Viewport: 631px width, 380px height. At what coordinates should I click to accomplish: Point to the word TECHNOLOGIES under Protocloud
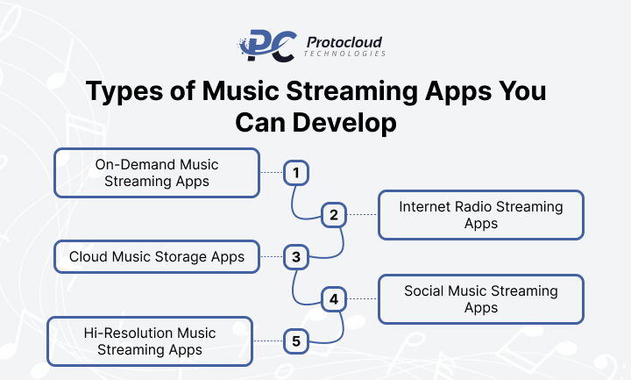click(344, 54)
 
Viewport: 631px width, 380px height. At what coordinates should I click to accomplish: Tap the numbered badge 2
click(334, 215)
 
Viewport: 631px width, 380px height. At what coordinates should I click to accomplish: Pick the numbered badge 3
click(296, 257)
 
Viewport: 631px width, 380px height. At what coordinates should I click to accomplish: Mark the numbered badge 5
click(296, 341)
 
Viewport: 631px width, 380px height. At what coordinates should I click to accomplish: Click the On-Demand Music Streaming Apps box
click(157, 173)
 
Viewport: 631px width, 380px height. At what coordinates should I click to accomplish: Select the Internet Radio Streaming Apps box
click(480, 215)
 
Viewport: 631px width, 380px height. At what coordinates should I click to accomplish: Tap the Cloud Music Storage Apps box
click(157, 257)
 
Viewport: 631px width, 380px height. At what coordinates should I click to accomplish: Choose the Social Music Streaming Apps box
click(480, 299)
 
